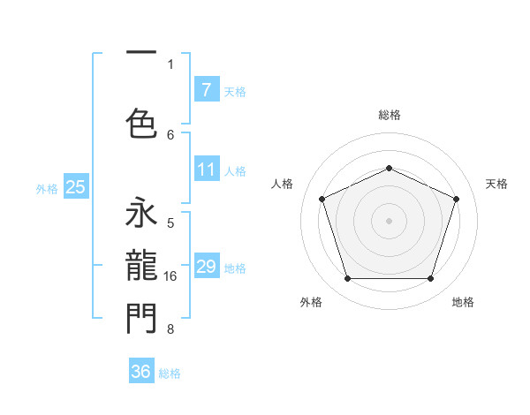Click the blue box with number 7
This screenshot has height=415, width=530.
click(x=206, y=89)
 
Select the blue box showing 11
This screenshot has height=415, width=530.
click(x=206, y=170)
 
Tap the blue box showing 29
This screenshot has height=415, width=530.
click(x=206, y=267)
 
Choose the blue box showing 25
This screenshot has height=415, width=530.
click(x=75, y=187)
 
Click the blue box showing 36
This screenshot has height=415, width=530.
click(x=141, y=372)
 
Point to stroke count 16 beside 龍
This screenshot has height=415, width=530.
click(x=171, y=276)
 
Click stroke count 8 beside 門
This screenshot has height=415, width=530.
click(x=170, y=329)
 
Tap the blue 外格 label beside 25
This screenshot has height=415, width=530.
click(x=47, y=188)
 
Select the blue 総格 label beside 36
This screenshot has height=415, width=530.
click(x=170, y=373)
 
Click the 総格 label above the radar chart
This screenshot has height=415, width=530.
click(x=389, y=115)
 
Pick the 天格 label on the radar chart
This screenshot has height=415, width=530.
click(x=496, y=184)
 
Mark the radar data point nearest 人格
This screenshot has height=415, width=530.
click(x=322, y=199)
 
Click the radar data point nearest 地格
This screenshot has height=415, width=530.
click(x=430, y=279)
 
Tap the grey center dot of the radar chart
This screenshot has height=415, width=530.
click(x=389, y=221)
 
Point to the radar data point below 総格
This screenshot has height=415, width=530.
click(x=389, y=168)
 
